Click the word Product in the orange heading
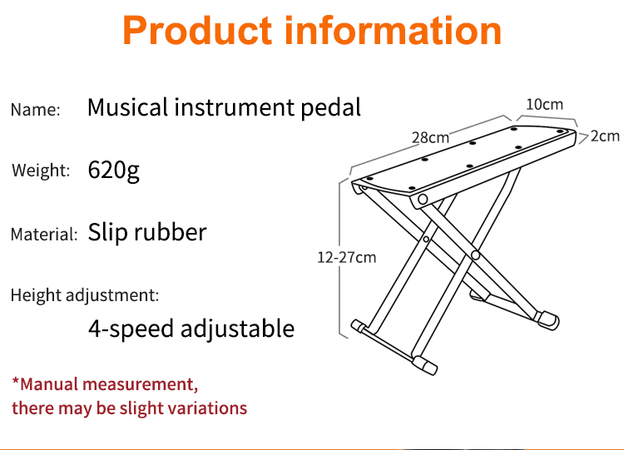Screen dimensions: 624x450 coord(197,31)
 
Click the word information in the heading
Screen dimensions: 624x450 coord(393,31)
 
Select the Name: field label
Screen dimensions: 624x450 coord(36,110)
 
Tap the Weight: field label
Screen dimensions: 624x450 coord(41,171)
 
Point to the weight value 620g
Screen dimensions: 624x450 coord(113,171)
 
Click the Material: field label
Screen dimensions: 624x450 coord(44,234)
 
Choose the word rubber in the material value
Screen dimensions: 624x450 coord(171,231)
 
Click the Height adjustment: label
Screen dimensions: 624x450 coord(85,295)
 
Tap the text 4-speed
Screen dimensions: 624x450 coord(131,329)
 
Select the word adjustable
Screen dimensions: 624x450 coord(238,329)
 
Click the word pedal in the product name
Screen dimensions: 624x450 coord(330,107)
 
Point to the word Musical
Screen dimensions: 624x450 coord(128,107)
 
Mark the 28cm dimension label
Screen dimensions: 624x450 coord(430,138)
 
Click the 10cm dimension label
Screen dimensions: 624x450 coord(544,105)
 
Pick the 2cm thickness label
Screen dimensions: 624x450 coord(605,136)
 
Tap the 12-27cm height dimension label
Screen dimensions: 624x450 coord(347,257)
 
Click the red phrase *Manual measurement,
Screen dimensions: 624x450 coord(105,384)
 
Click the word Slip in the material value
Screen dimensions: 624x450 coord(107,232)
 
